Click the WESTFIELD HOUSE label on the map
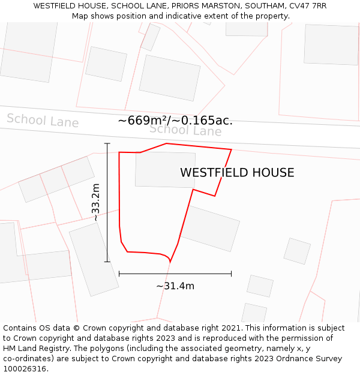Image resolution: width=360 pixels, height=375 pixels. pos(237,173)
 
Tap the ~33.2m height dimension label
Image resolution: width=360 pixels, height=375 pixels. pos(95,203)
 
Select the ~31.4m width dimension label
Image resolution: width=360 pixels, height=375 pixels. pos(175,286)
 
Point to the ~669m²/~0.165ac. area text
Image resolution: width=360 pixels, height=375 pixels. pos(175,121)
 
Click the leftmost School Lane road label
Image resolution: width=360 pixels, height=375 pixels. pos(43,120)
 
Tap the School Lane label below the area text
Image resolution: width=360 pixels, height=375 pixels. pos(185,130)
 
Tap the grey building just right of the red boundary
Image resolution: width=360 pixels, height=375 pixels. pos(210,229)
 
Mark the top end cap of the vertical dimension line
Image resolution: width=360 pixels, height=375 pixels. pos(107,144)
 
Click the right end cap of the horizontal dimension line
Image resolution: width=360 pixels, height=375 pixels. pos(232,274)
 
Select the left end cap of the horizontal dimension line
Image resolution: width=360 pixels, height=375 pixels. pos(119,274)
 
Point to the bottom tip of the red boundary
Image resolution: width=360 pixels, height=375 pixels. pos(170,262)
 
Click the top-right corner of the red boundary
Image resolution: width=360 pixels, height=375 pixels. pos(232,149)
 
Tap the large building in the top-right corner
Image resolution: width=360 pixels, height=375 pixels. pos(331,44)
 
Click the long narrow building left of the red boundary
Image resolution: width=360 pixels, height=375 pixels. pos(94,259)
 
